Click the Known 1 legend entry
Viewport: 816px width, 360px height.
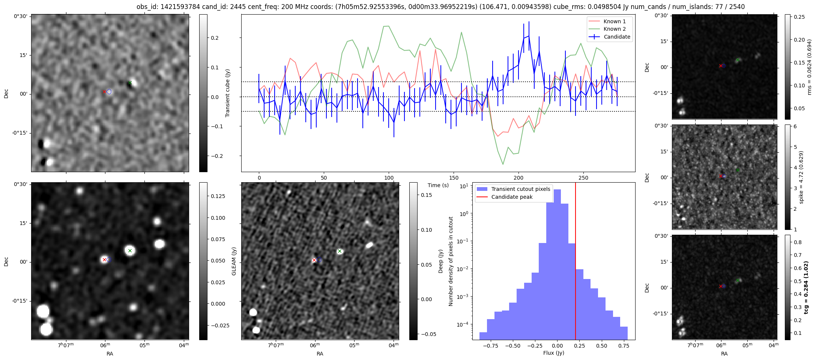[x=614, y=21]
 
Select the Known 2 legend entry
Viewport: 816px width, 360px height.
[x=614, y=29]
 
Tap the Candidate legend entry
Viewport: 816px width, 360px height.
[x=617, y=37]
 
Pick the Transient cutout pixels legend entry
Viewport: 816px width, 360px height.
[x=520, y=189]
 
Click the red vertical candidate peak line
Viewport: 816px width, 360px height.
[x=575, y=262]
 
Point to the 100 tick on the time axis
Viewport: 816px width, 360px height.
[x=389, y=178]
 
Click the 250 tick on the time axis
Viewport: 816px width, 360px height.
[x=583, y=178]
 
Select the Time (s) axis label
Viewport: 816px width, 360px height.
[x=438, y=185]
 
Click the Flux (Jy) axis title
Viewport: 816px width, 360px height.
[x=553, y=353]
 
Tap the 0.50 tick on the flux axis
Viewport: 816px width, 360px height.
[x=601, y=346]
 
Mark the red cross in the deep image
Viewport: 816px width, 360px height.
[x=314, y=260]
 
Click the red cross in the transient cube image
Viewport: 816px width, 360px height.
[x=104, y=91]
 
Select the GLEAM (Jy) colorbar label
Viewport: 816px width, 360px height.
[x=234, y=261]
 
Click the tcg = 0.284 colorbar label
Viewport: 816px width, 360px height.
[x=806, y=287]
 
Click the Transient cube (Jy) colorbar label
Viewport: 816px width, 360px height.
[x=227, y=93]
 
